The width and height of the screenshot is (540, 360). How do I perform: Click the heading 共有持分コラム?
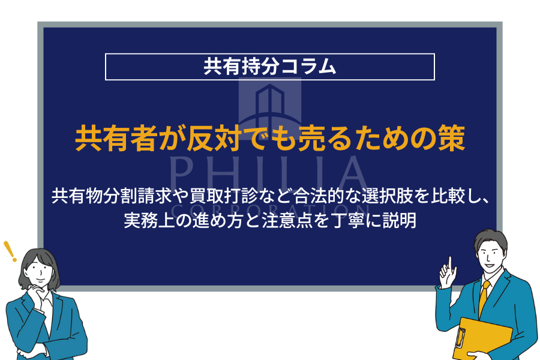(269, 67)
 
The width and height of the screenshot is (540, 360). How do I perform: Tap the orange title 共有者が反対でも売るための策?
(270, 139)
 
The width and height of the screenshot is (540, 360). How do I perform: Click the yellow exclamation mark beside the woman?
(10, 251)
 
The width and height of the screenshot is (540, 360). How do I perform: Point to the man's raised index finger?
(449, 263)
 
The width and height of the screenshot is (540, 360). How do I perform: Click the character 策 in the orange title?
(452, 139)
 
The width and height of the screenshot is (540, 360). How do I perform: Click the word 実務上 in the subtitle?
(149, 221)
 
